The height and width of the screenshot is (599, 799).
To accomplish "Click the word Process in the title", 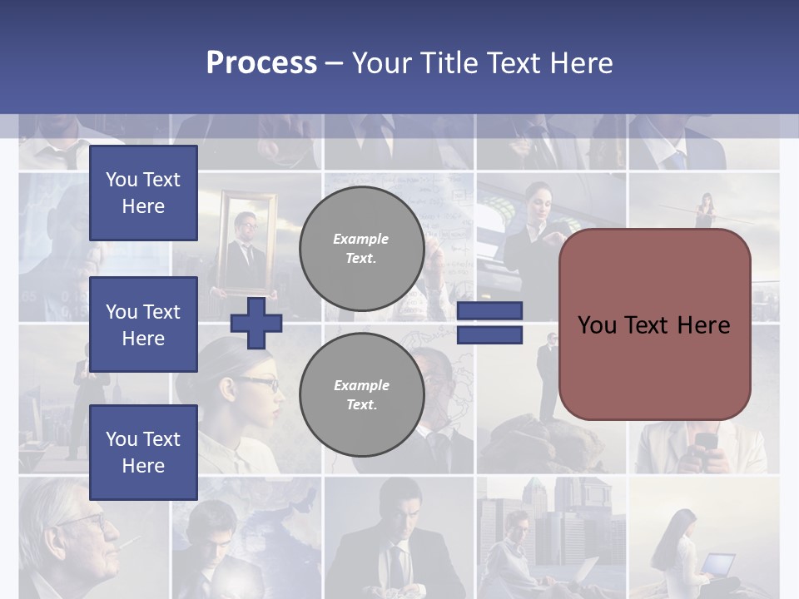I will (x=261, y=63).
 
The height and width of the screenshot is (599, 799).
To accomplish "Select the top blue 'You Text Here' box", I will (x=143, y=193).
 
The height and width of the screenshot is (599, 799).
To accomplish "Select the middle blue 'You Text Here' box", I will (x=143, y=324).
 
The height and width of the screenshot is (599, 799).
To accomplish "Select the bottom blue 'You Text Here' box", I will (x=143, y=452).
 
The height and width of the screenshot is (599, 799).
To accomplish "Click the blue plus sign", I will (x=256, y=324).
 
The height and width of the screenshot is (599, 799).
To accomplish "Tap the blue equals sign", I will (x=490, y=323).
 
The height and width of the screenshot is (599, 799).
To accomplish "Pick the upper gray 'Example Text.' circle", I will (x=361, y=249).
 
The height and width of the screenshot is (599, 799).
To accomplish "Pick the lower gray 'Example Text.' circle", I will (x=361, y=395).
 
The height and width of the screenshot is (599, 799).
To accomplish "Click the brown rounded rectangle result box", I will (x=655, y=324).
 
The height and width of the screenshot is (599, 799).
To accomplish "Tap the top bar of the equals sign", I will (x=490, y=311).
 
